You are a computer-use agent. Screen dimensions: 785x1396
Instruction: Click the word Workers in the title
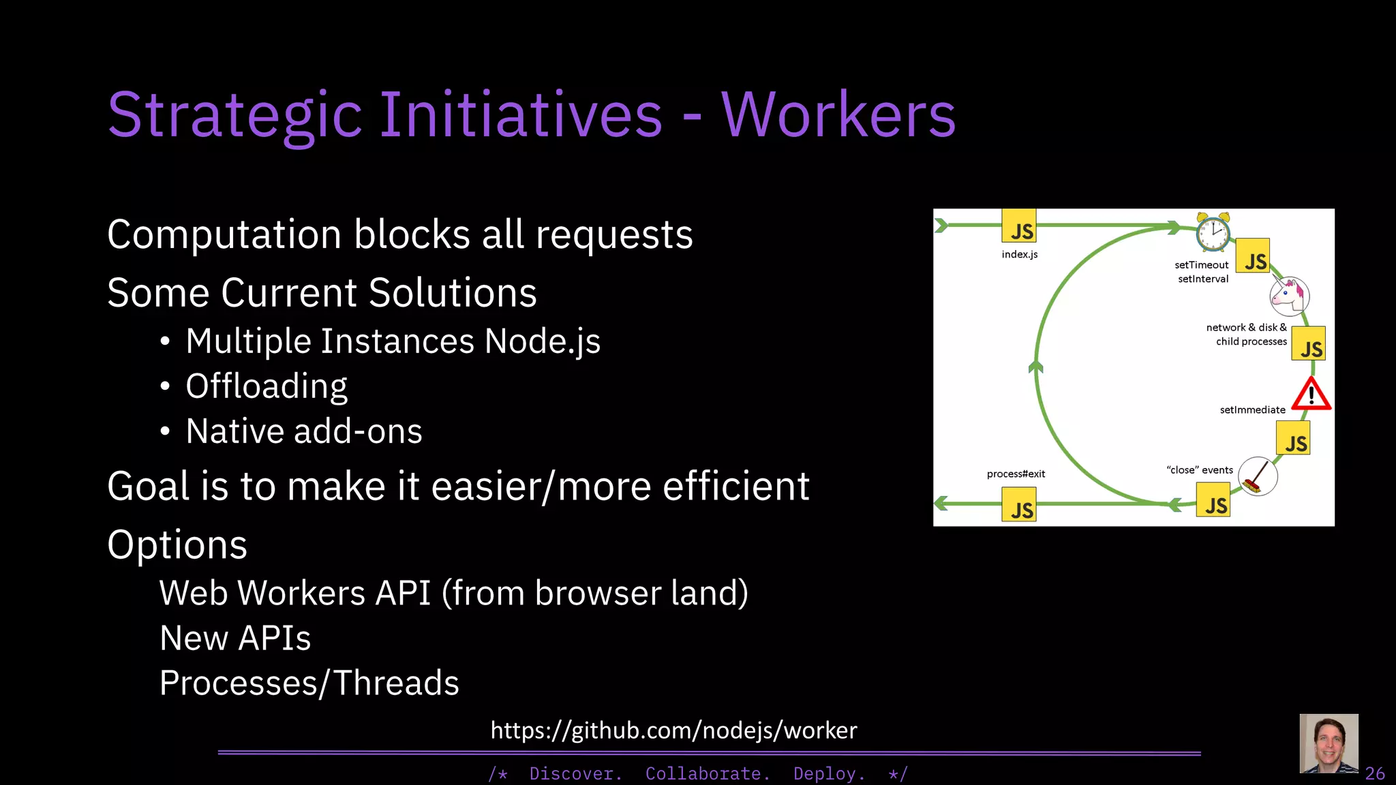click(838, 114)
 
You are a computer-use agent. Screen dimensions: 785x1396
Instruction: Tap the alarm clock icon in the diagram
click(1213, 233)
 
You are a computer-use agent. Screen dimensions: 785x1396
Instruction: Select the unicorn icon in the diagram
click(1289, 296)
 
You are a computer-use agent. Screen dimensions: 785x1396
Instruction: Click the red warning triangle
click(1311, 395)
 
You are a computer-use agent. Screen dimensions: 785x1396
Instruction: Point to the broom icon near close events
click(1257, 476)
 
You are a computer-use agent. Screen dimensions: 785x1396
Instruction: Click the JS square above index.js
click(1018, 226)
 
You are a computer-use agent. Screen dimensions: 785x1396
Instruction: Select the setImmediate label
click(1252, 410)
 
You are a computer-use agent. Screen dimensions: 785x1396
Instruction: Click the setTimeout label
click(1201, 264)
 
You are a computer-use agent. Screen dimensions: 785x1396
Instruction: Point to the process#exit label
click(1016, 474)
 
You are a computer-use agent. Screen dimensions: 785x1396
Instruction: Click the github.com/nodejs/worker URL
click(673, 730)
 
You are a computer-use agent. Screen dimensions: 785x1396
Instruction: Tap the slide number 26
click(1375, 773)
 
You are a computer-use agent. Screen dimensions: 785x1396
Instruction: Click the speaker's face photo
click(1329, 743)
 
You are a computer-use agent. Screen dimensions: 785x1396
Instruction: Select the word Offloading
click(267, 386)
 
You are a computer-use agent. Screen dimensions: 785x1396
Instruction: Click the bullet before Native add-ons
click(165, 432)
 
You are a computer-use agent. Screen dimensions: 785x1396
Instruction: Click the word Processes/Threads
click(309, 683)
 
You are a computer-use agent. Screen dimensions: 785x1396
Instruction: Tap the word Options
click(177, 545)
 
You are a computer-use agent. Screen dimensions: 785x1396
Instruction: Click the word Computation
click(224, 235)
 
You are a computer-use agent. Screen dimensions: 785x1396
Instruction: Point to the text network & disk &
click(1246, 327)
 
